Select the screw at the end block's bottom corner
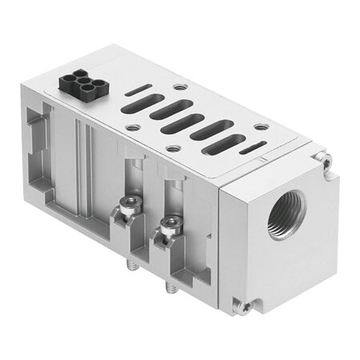coord(246,306)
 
